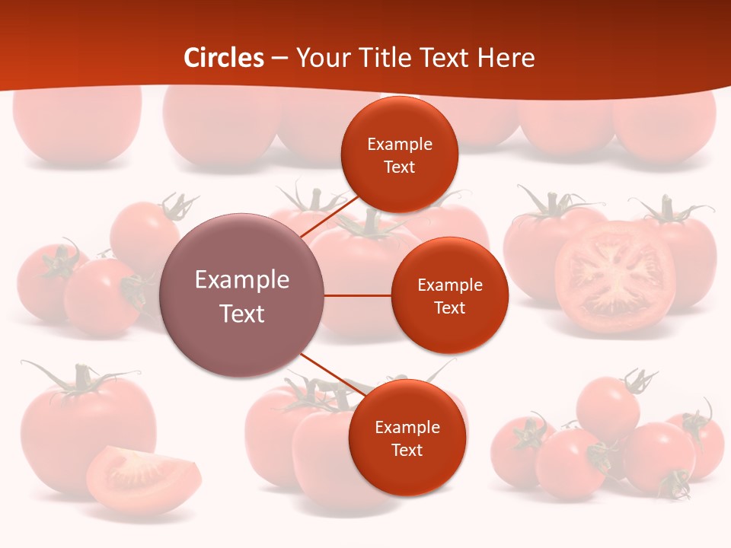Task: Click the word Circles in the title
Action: pyautogui.click(x=224, y=58)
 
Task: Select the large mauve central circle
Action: pyautogui.click(x=241, y=295)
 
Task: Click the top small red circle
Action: pyautogui.click(x=399, y=155)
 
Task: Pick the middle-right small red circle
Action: pyautogui.click(x=449, y=295)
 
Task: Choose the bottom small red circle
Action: pyautogui.click(x=407, y=438)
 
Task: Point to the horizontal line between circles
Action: pyautogui.click(x=357, y=295)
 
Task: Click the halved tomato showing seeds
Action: pyautogui.click(x=614, y=277)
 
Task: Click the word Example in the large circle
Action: pyautogui.click(x=241, y=280)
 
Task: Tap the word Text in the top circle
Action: pyautogui.click(x=399, y=167)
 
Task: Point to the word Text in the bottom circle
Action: pyautogui.click(x=407, y=451)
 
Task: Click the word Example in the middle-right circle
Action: pyautogui.click(x=449, y=285)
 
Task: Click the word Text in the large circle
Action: pyautogui.click(x=241, y=314)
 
